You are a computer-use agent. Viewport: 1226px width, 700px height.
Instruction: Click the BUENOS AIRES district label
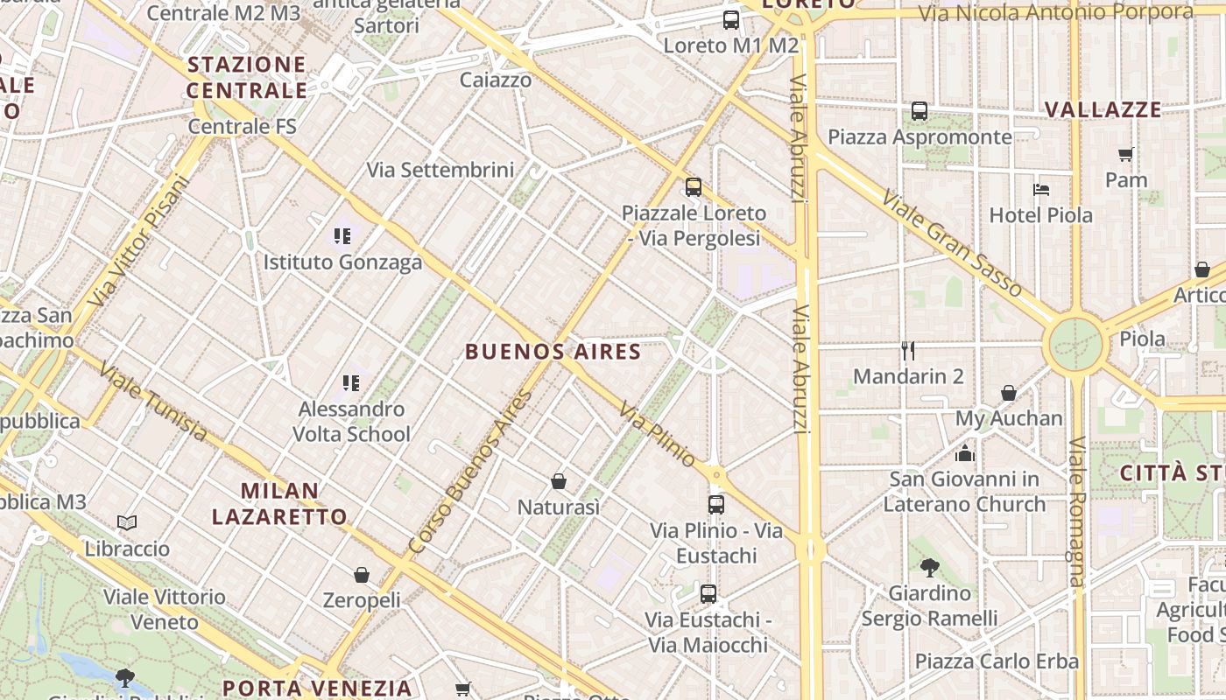click(x=553, y=352)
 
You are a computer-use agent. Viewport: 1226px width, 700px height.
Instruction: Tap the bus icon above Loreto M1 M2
click(x=730, y=19)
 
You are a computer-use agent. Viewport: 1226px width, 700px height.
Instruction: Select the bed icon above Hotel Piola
click(x=1040, y=189)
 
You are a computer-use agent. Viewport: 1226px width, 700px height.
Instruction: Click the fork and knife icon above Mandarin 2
click(x=908, y=351)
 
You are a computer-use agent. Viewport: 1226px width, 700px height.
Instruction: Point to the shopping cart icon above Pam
click(x=1125, y=154)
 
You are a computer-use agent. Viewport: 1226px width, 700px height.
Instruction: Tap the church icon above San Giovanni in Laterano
click(x=964, y=453)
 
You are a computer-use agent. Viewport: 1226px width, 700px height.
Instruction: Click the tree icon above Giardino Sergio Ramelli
click(x=929, y=568)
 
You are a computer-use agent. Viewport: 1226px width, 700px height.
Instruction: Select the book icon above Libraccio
click(x=127, y=523)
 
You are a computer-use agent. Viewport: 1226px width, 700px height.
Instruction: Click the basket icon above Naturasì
click(x=558, y=481)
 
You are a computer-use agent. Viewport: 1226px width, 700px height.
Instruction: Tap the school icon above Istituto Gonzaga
click(x=342, y=235)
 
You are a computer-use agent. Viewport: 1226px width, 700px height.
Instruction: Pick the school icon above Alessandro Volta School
click(x=351, y=382)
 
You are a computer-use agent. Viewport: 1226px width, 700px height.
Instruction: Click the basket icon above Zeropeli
click(x=361, y=575)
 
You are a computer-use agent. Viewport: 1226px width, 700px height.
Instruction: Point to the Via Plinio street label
click(x=657, y=434)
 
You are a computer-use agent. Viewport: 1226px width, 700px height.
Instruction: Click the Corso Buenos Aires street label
click(x=470, y=472)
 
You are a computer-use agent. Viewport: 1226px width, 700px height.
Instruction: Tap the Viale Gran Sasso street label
click(x=952, y=243)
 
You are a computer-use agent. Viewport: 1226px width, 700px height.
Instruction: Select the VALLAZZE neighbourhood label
click(x=1103, y=110)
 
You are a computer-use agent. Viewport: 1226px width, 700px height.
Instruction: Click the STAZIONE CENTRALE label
click(x=246, y=77)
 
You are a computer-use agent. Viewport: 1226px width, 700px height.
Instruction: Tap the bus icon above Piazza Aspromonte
click(x=919, y=111)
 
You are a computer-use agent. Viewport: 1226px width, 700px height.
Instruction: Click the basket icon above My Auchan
click(x=1009, y=393)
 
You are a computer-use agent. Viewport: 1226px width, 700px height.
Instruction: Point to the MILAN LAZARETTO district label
click(x=279, y=503)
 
